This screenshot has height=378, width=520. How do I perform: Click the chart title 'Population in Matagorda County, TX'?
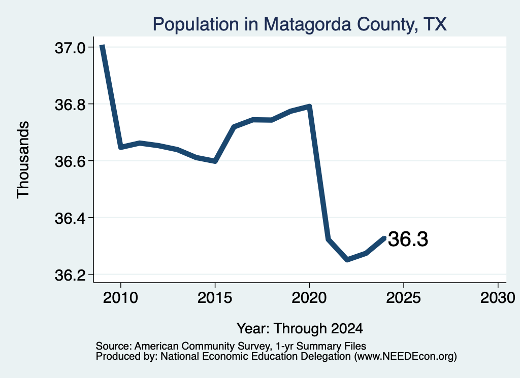(x=300, y=24)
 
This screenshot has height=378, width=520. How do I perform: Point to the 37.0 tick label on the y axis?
(x=70, y=48)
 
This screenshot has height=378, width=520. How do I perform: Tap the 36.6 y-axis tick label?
(x=70, y=162)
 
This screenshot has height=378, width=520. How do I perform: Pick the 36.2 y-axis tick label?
(x=70, y=275)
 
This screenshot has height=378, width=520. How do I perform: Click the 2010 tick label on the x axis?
(x=120, y=298)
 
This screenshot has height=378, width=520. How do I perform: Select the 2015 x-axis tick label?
(x=215, y=298)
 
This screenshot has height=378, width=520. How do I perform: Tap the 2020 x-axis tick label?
(x=309, y=298)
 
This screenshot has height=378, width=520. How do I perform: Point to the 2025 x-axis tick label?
(x=404, y=298)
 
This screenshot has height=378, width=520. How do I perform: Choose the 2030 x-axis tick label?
(x=498, y=298)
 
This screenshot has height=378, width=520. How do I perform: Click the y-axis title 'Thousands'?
(x=23, y=160)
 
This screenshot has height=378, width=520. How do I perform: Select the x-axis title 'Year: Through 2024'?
(x=300, y=329)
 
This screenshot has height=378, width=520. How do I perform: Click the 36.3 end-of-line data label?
(x=408, y=239)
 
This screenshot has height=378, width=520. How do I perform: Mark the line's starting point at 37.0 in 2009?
(x=103, y=46)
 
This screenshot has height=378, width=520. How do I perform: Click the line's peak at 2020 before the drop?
(x=309, y=107)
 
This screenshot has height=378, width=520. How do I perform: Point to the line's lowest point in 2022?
(x=347, y=260)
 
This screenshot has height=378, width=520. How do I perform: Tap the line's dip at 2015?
(x=215, y=161)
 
